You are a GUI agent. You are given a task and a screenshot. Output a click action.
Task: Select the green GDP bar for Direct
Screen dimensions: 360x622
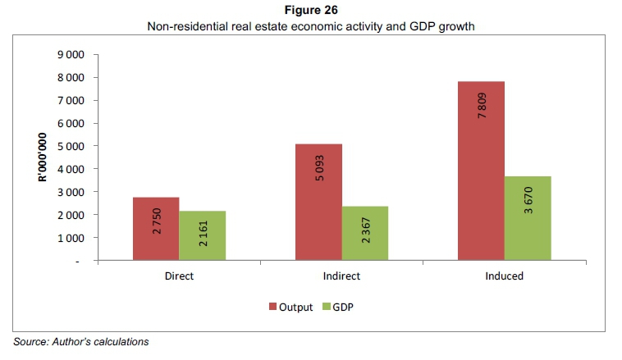[202, 236]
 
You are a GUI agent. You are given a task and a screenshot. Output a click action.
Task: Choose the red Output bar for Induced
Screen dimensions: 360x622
[482, 171]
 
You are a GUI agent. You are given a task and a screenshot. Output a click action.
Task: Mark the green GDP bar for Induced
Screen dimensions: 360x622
[528, 218]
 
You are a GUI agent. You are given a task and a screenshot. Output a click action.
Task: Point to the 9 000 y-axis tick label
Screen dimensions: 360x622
[71, 55]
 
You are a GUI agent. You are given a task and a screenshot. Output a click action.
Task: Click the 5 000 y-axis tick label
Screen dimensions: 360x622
[71, 146]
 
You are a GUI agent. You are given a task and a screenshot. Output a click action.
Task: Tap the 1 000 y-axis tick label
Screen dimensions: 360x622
[71, 238]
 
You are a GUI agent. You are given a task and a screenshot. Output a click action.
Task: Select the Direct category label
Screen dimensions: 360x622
[179, 276]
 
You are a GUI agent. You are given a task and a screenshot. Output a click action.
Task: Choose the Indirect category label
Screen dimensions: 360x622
[341, 276]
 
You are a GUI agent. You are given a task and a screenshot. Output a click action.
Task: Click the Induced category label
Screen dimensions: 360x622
[505, 276]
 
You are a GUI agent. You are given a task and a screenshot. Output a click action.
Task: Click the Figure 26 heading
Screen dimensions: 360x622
[311, 11]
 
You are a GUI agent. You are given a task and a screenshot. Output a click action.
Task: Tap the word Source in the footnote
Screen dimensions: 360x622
[30, 341]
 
